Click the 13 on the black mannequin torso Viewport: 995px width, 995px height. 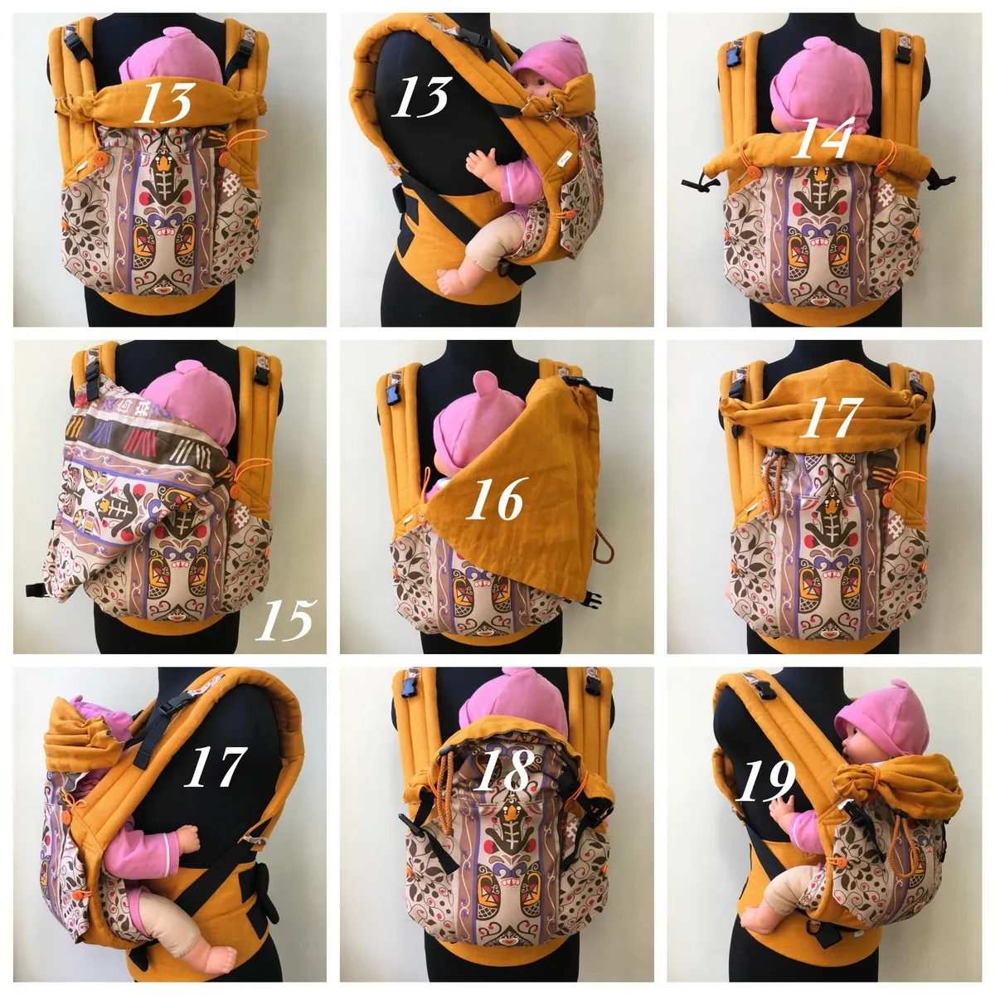(422, 96)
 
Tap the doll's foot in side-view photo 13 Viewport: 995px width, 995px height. (457, 280)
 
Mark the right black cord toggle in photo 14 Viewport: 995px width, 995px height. (939, 182)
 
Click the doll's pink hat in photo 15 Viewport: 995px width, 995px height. (194, 400)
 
